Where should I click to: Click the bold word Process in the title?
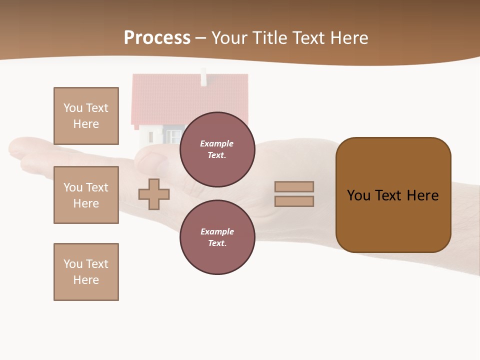[x=157, y=38]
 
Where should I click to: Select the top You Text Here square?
[x=86, y=116]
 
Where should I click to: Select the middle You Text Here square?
[x=86, y=195]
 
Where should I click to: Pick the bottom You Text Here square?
[x=86, y=272]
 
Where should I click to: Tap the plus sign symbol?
[x=154, y=194]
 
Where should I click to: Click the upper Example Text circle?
[x=217, y=149]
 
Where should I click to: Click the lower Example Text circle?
[x=217, y=237]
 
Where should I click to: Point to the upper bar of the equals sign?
[x=294, y=186]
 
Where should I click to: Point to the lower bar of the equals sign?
[x=294, y=201]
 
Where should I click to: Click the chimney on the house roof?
[x=203, y=77]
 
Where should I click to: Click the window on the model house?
[x=173, y=135]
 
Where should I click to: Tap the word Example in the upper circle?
[x=217, y=143]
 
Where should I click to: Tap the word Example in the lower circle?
[x=217, y=231]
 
